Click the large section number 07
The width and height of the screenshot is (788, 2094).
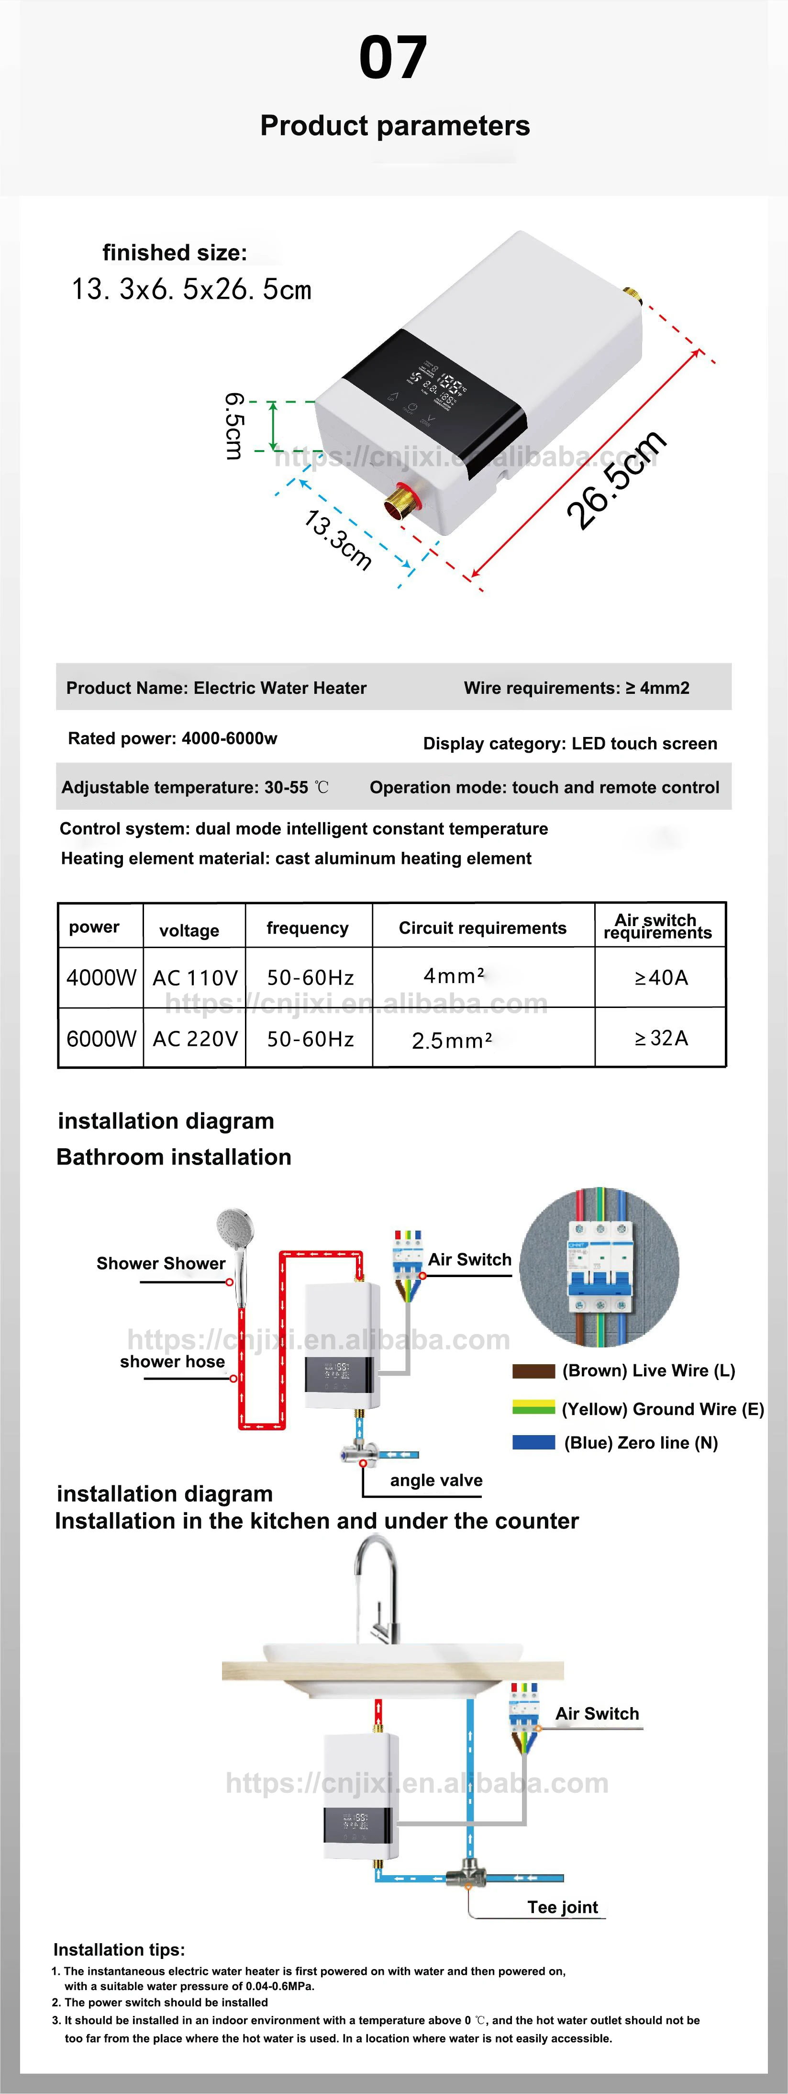coord(393,58)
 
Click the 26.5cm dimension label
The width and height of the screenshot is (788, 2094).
coord(617,480)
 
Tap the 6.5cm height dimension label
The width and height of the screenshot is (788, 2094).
coord(234,425)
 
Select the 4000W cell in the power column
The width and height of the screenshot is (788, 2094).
coord(101,977)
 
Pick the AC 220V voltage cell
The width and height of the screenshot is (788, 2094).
coord(195,1038)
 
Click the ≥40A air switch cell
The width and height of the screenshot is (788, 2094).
coord(660,977)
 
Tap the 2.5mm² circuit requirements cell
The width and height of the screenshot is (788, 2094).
coord(452,1040)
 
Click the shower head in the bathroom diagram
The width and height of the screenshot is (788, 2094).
coord(235,1232)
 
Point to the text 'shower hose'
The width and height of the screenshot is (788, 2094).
coord(172,1361)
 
